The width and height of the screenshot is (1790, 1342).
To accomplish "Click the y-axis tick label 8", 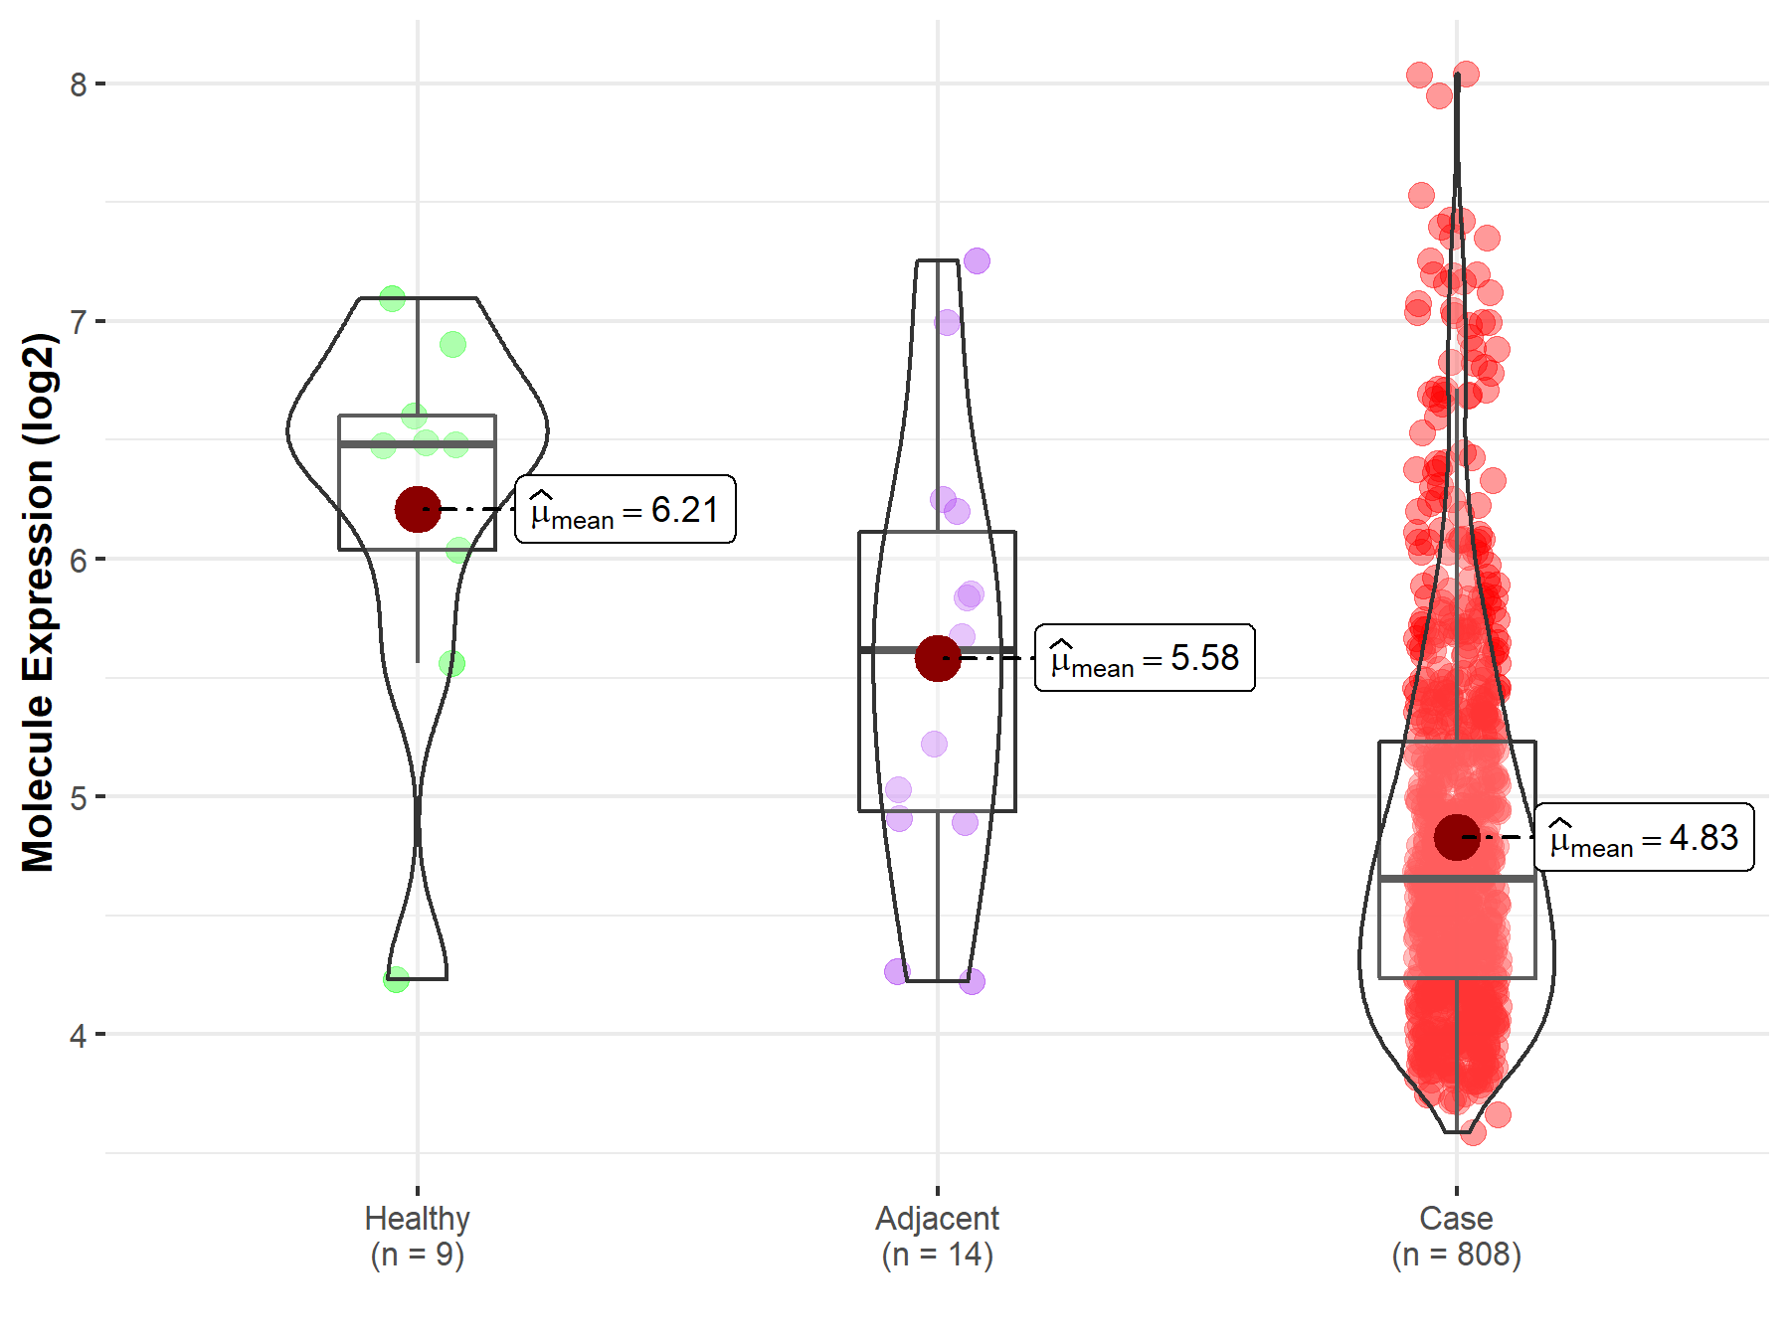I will pyautogui.click(x=78, y=84).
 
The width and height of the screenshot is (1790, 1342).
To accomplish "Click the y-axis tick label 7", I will pyautogui.click(x=78, y=322).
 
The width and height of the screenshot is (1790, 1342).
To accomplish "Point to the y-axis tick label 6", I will pyautogui.click(x=78, y=560).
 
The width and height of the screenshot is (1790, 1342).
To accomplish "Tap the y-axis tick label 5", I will pyautogui.click(x=78, y=797).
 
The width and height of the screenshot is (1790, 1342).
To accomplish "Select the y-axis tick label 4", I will pyautogui.click(x=78, y=1035).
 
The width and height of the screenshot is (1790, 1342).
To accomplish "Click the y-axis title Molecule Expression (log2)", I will pyautogui.click(x=38, y=602).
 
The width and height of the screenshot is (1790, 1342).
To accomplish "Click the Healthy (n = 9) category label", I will pyautogui.click(x=417, y=1236).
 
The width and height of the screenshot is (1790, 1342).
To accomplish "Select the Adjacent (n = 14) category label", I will pyautogui.click(x=937, y=1236).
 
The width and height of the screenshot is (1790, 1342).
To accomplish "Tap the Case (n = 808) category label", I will pyautogui.click(x=1456, y=1236).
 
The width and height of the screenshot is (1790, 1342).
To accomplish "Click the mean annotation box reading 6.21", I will pyautogui.click(x=626, y=510).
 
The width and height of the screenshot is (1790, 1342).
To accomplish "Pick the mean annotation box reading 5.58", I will pyautogui.click(x=1145, y=658).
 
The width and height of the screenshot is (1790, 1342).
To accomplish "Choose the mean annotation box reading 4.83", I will pyautogui.click(x=1644, y=838).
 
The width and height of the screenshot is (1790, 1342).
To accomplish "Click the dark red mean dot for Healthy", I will pyautogui.click(x=418, y=509).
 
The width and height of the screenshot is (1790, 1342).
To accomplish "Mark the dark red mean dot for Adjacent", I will pyautogui.click(x=937, y=658).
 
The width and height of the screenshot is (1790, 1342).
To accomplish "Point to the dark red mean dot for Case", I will pyautogui.click(x=1456, y=837).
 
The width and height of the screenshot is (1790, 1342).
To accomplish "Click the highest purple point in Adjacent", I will pyautogui.click(x=977, y=260).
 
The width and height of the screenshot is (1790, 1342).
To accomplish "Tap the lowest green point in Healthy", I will pyautogui.click(x=396, y=980).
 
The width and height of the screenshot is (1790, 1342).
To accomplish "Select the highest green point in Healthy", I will pyautogui.click(x=393, y=297).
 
